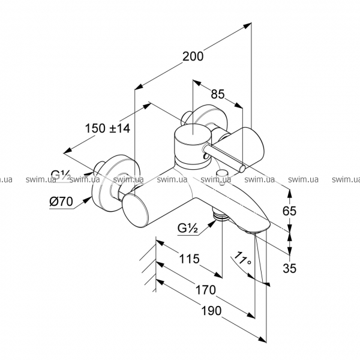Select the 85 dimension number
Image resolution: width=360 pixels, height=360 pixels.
tap(218, 94)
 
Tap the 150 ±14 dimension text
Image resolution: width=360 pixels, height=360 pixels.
tap(108, 128)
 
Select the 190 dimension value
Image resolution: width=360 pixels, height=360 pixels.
tap(211, 310)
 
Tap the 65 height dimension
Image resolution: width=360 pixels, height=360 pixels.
tap(290, 211)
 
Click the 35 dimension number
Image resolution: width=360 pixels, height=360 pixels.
tap(290, 268)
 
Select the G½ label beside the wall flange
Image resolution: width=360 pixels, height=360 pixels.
tap(61, 175)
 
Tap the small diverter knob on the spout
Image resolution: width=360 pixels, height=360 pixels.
tap(223, 175)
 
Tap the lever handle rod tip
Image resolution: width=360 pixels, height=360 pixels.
tap(241, 169)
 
